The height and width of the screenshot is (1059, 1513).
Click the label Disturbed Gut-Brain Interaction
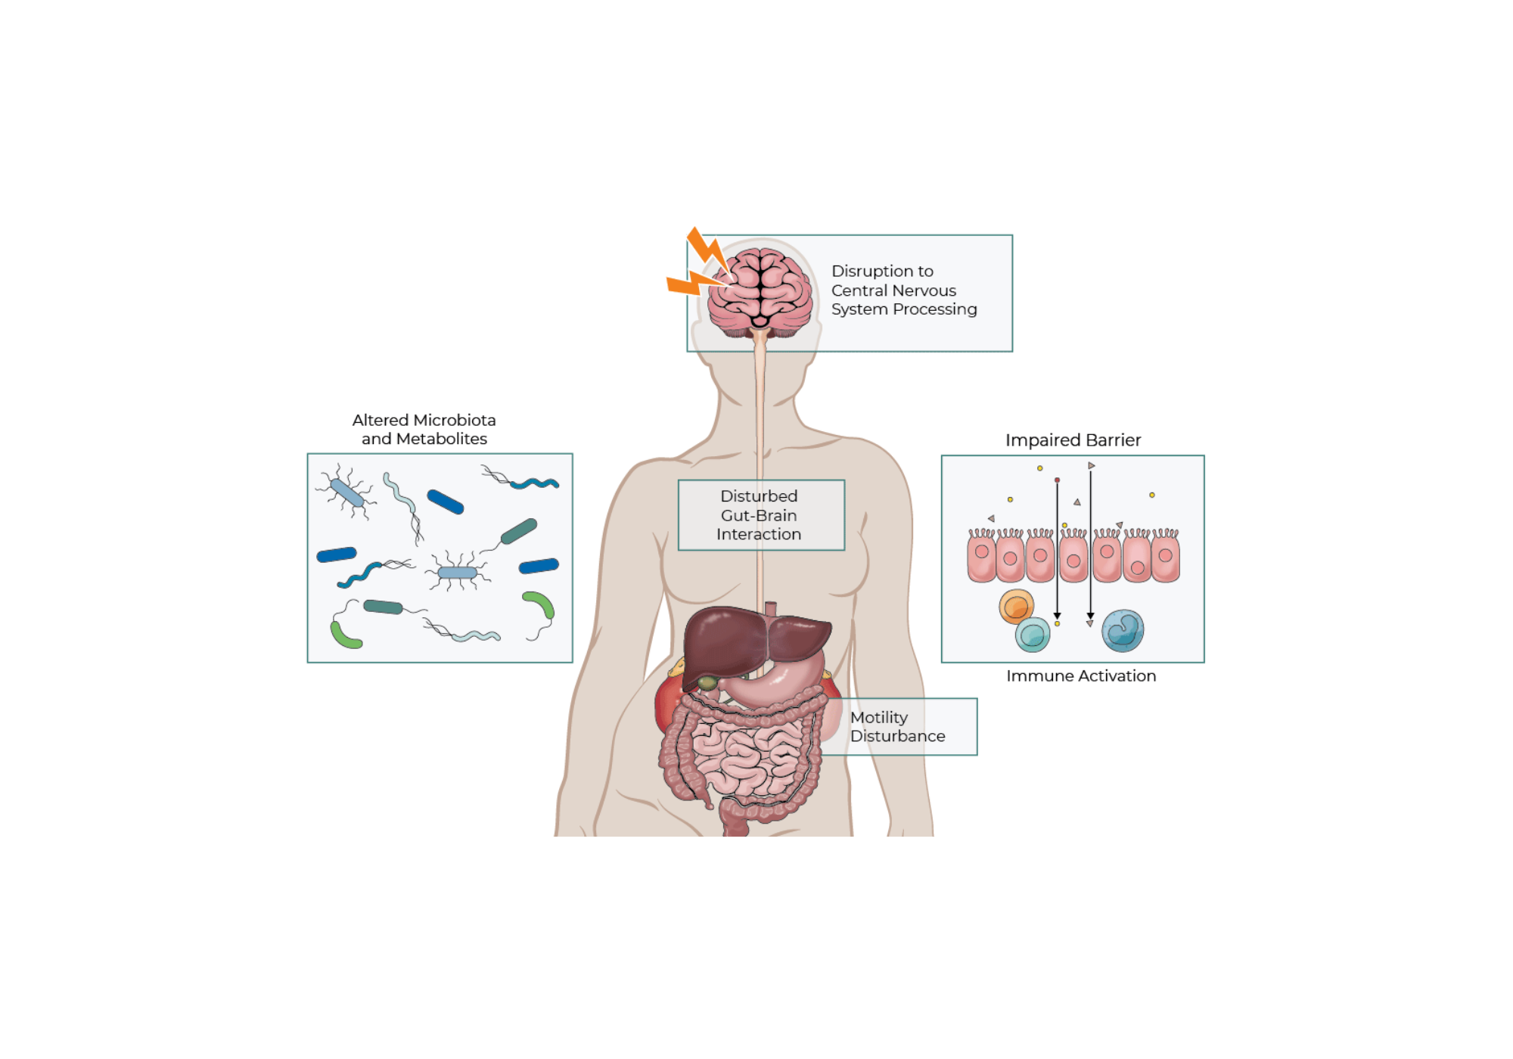[x=759, y=515]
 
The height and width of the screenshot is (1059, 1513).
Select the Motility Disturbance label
[x=897, y=726]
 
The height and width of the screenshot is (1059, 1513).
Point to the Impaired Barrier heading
[x=1073, y=440]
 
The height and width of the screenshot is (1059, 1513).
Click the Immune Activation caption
[x=1081, y=675]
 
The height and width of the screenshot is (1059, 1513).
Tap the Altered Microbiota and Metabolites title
[x=424, y=429]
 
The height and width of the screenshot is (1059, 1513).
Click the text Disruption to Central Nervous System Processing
[x=904, y=290]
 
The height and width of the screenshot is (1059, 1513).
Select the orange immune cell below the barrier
[x=1016, y=607]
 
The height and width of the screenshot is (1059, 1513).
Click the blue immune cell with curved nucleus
[x=1123, y=631]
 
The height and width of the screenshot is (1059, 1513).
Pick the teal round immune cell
[x=1033, y=635]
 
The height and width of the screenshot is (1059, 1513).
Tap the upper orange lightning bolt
[x=707, y=249]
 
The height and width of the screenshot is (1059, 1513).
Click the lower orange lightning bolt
[x=694, y=283]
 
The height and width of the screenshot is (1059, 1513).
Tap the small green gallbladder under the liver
[x=707, y=683]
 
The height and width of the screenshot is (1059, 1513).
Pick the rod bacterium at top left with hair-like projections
[x=346, y=492]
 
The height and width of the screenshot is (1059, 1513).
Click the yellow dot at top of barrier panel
[x=1040, y=468]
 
